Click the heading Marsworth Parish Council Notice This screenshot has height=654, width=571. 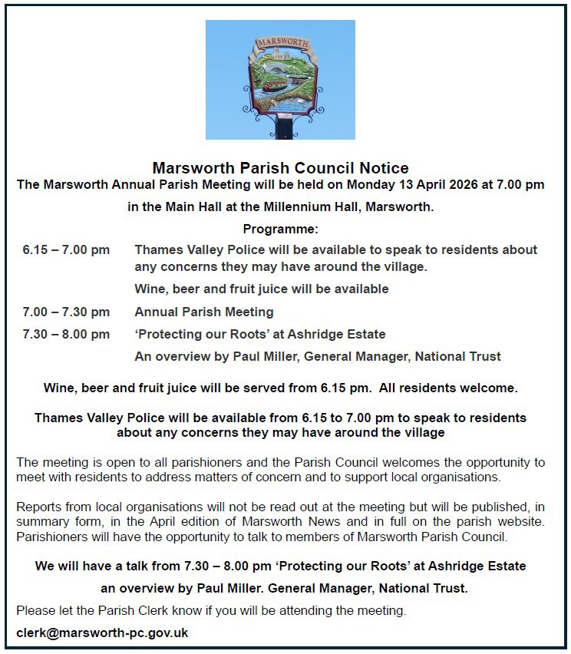[x=280, y=168]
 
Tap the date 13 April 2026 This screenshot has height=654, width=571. [x=404, y=185]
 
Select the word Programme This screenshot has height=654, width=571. [x=280, y=230]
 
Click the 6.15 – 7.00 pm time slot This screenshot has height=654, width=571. [x=66, y=250]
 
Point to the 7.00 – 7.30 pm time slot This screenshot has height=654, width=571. [x=66, y=312]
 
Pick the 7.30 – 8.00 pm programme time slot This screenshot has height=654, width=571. [x=66, y=335]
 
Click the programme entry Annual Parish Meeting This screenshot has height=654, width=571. [x=204, y=312]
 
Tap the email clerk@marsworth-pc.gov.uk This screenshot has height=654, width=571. [x=102, y=633]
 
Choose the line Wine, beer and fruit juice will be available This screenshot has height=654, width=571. [x=261, y=289]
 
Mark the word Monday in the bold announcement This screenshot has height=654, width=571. [x=371, y=185]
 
